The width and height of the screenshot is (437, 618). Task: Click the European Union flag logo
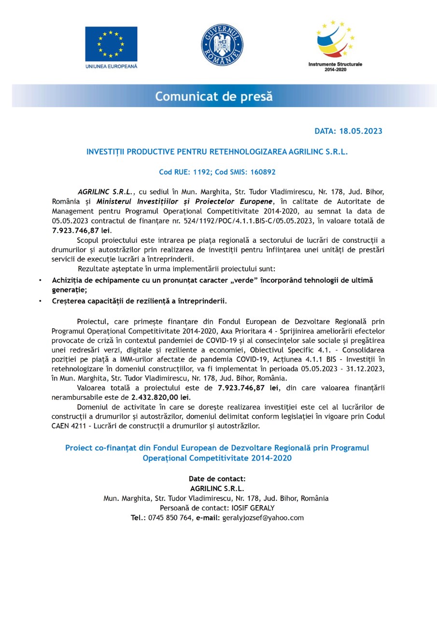coord(111,44)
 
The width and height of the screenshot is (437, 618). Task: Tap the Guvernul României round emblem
coord(222,45)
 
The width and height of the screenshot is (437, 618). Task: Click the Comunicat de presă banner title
coord(214,97)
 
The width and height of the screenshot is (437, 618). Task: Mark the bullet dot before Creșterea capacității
coord(40,301)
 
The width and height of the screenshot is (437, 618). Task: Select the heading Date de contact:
coord(217,479)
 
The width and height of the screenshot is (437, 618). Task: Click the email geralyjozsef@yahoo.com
coord(263,518)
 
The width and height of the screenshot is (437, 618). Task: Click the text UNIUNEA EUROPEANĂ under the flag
coord(111,66)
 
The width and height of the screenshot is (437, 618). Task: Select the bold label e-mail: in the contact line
coord(208,518)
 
